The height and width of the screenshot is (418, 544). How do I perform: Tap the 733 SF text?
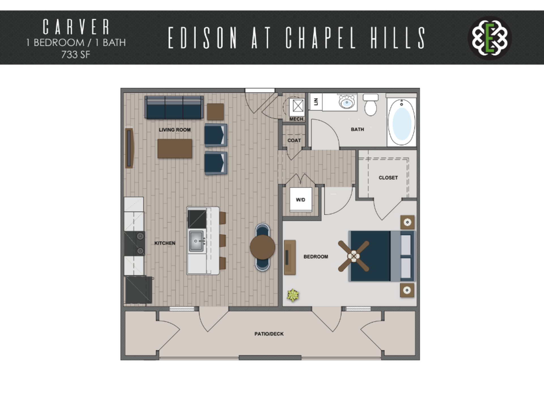click(x=76, y=55)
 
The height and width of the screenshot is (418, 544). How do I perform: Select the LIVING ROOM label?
click(x=175, y=130)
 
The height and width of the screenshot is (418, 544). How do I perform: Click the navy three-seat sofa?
click(x=174, y=107)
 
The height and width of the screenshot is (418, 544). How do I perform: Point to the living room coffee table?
click(x=175, y=148)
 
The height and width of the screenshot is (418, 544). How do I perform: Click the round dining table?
click(x=262, y=247)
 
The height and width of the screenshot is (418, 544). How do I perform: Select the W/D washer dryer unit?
click(x=301, y=200)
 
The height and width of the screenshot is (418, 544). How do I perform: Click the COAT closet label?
click(x=294, y=140)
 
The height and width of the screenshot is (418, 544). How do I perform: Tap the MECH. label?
click(x=297, y=119)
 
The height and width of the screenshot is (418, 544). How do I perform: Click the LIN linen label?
click(x=316, y=102)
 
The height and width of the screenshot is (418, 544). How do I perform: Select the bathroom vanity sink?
click(x=347, y=102)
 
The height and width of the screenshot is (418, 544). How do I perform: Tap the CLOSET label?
click(x=388, y=178)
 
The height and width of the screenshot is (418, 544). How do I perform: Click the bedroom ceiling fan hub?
click(x=354, y=256)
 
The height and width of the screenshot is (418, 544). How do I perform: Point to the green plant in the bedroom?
click(x=293, y=295)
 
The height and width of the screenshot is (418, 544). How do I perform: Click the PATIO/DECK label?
click(x=269, y=334)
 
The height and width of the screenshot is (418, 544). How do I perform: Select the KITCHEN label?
click(x=165, y=243)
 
